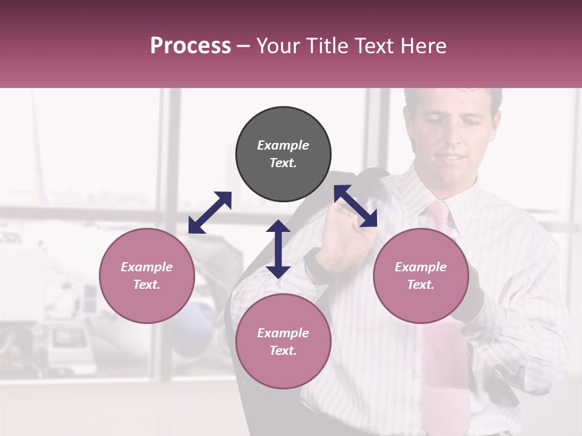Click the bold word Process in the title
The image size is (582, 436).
click(x=190, y=46)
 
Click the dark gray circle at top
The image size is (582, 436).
click(x=283, y=154)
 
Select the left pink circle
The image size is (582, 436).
click(x=147, y=276)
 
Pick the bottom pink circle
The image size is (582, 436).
click(x=283, y=342)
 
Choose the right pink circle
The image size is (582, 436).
click(x=421, y=276)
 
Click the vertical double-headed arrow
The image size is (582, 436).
click(x=278, y=249)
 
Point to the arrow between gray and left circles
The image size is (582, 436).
click(x=210, y=213)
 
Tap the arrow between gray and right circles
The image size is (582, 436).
click(x=356, y=206)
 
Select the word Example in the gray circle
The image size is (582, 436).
click(x=283, y=145)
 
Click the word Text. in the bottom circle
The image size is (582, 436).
click(x=283, y=351)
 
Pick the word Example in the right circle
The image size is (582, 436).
click(x=421, y=267)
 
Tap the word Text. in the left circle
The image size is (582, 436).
click(x=147, y=285)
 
